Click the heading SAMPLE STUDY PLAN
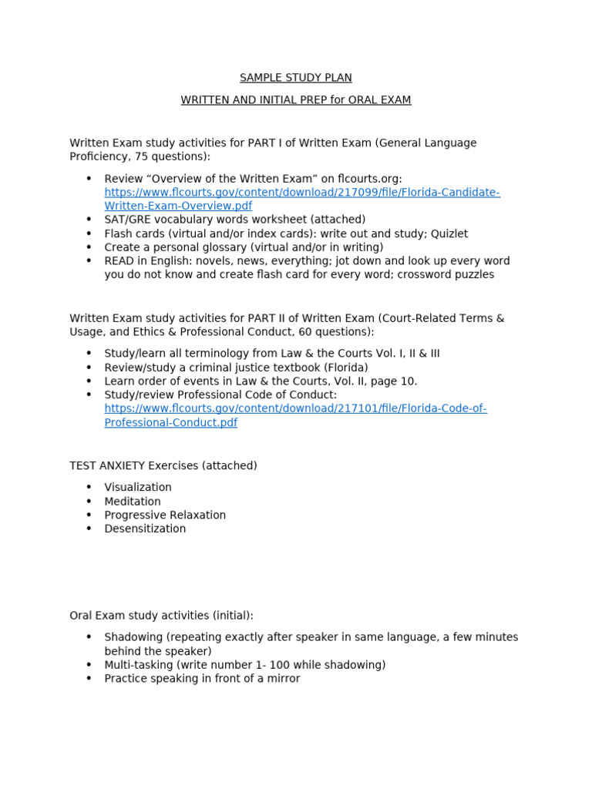[296, 78]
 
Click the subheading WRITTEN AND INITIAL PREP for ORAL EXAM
[296, 100]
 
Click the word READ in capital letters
[119, 261]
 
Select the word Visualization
[138, 488]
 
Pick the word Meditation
[133, 502]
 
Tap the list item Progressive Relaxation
[165, 515]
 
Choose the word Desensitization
[145, 529]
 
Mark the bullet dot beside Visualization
[89, 488]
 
